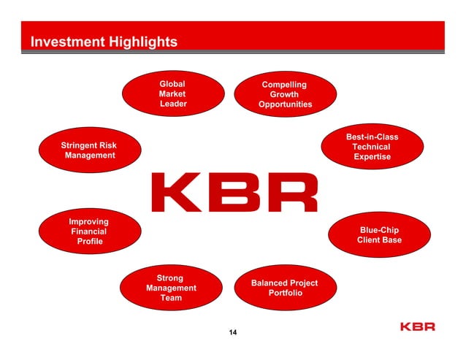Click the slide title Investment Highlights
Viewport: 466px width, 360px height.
click(x=103, y=42)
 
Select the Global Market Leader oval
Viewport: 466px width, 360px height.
click(x=172, y=94)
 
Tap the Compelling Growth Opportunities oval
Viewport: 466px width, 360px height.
click(x=285, y=95)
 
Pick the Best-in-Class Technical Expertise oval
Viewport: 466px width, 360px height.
click(x=372, y=147)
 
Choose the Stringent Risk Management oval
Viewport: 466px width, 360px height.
click(x=89, y=150)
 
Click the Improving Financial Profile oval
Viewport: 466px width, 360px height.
click(x=88, y=231)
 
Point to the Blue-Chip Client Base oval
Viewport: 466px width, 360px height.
click(x=379, y=235)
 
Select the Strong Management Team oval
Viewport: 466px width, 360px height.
click(x=171, y=288)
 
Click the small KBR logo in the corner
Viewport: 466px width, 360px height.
click(x=417, y=326)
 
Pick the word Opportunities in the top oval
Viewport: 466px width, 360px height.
click(x=285, y=104)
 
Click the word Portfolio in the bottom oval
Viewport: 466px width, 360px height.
click(x=285, y=293)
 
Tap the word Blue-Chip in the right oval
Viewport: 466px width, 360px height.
click(x=379, y=230)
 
